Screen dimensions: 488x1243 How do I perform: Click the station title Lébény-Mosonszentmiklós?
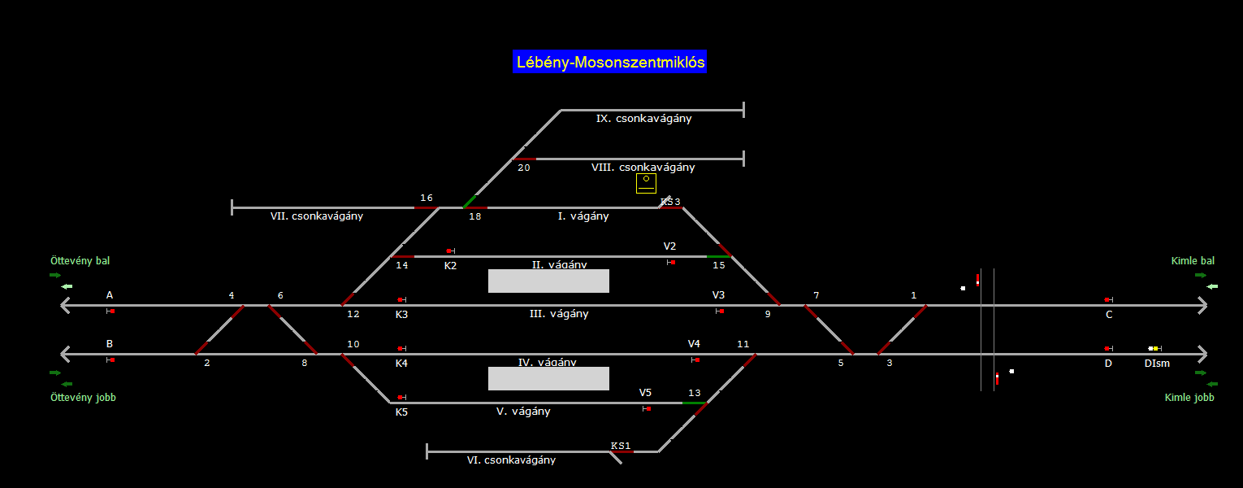click(609, 63)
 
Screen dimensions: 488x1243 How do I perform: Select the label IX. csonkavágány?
click(643, 119)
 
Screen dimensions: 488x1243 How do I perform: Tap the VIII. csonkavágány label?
click(643, 168)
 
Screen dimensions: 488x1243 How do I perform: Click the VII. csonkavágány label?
click(317, 216)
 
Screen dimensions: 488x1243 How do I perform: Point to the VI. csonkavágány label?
click(511, 460)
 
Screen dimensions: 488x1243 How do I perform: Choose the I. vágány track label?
click(583, 216)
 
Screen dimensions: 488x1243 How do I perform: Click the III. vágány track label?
click(559, 314)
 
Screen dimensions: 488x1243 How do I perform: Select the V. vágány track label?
click(523, 412)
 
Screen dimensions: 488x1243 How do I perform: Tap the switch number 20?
click(524, 168)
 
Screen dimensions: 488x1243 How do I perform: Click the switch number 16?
click(427, 198)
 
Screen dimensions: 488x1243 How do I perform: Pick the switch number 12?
click(353, 314)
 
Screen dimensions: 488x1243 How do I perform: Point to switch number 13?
click(695, 394)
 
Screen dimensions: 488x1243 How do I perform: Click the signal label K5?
click(401, 412)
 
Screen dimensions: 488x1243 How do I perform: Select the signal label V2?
click(669, 246)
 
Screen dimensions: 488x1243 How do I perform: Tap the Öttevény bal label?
click(80, 261)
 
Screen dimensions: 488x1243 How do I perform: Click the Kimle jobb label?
click(1189, 398)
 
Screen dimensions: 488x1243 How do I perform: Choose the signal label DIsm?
click(1157, 364)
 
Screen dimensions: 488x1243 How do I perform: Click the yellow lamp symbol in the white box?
click(646, 179)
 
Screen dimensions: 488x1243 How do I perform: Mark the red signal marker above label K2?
click(449, 251)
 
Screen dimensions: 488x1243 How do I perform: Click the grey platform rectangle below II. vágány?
click(548, 281)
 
